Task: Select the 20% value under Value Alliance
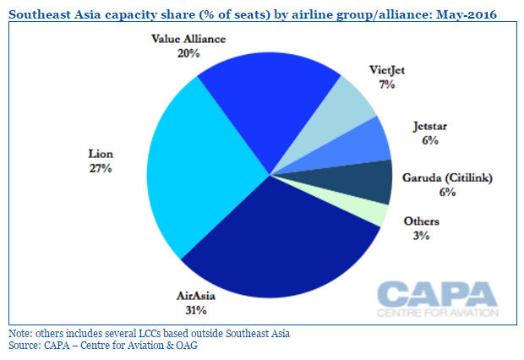188,53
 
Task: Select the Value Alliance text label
188,40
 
